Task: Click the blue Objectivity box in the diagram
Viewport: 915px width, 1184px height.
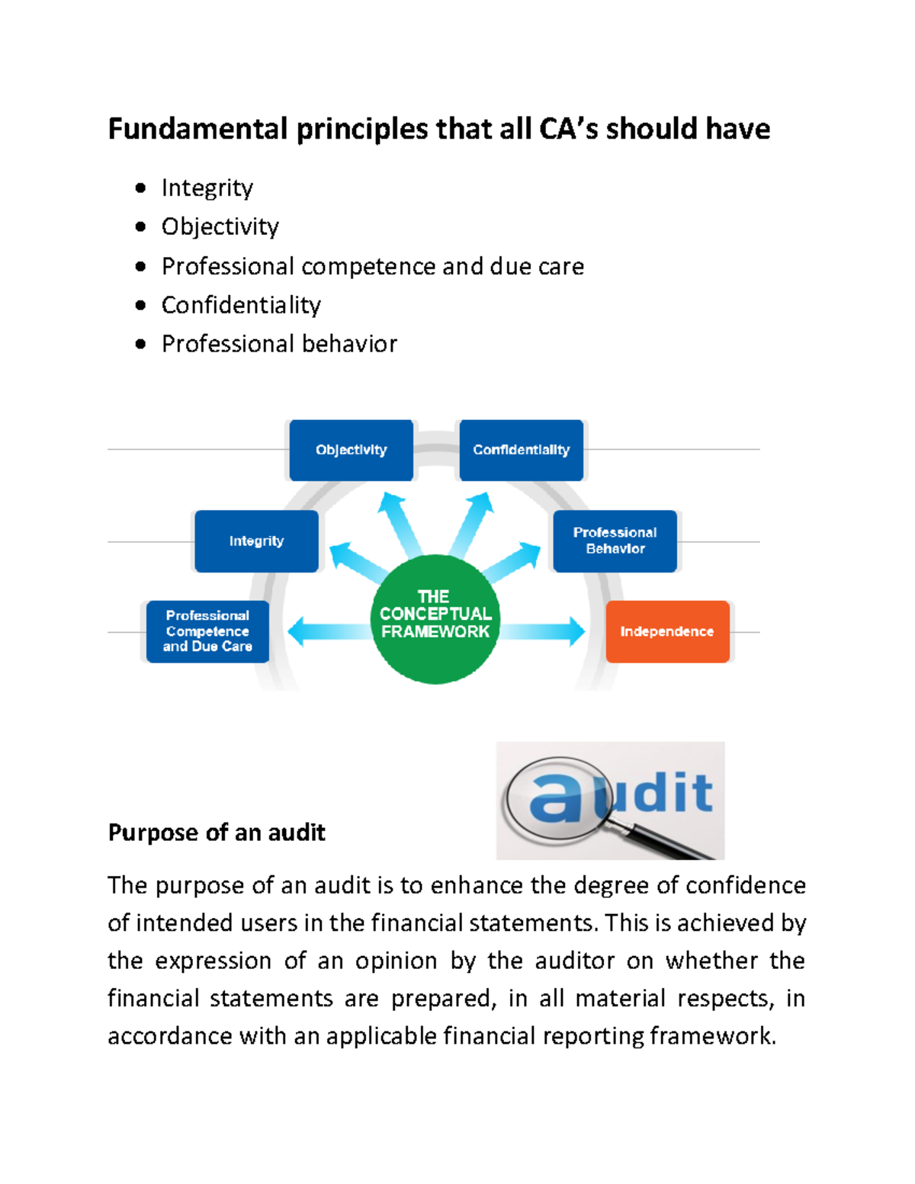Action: point(351,450)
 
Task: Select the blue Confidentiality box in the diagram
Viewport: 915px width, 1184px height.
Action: point(521,450)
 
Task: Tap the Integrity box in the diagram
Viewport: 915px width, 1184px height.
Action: point(256,541)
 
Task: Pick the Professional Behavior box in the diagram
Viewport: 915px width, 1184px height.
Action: point(615,541)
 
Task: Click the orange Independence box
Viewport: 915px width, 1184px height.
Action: point(667,631)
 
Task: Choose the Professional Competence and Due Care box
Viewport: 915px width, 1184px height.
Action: point(207,631)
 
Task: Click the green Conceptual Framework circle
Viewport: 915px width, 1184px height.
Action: point(435,618)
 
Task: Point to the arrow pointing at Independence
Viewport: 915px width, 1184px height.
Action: point(545,631)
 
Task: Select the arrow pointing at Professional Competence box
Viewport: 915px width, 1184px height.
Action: point(324,631)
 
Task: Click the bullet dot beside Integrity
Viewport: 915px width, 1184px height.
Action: point(140,188)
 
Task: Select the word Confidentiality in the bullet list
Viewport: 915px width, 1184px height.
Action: point(241,305)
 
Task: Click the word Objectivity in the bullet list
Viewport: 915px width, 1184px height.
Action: point(220,226)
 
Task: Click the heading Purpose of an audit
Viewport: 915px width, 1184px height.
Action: point(217,832)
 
